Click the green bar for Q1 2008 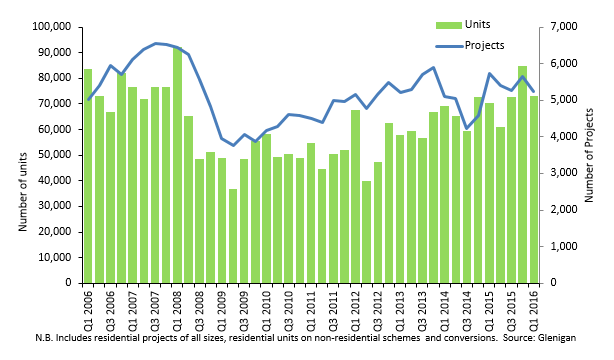(x=177, y=165)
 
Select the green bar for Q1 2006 (x=88, y=176)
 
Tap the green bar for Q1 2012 (x=356, y=196)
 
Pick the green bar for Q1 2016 (x=534, y=190)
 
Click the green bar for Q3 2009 (x=244, y=221)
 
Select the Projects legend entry (x=470, y=46)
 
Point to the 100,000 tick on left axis (x=52, y=27)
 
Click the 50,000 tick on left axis (x=55, y=155)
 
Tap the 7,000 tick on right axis (x=564, y=27)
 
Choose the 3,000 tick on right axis (x=564, y=173)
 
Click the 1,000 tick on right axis (x=564, y=246)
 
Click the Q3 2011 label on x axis (x=333, y=308)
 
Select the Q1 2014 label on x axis (x=444, y=308)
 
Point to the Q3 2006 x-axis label (x=110, y=308)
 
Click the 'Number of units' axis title (x=23, y=192)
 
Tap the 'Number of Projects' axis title (x=589, y=156)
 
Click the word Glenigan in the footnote (x=558, y=338)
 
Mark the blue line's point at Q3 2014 (x=467, y=128)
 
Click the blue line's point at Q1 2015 (x=489, y=73)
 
